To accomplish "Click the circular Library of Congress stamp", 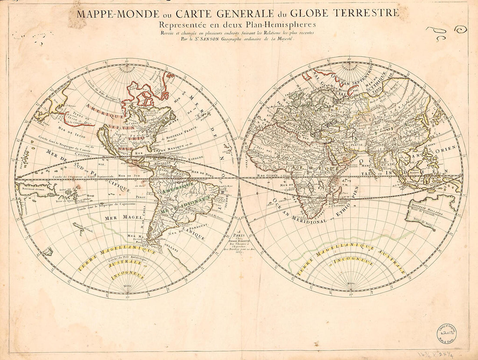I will [x=447, y=333].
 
